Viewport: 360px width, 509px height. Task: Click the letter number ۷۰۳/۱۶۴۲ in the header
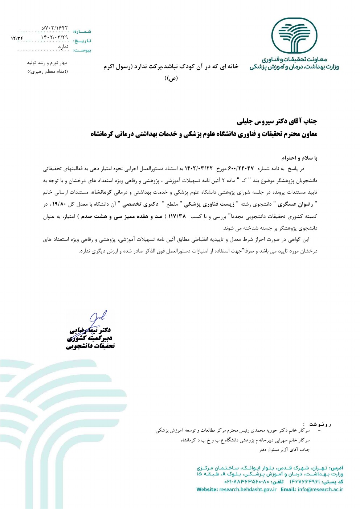point(55,28)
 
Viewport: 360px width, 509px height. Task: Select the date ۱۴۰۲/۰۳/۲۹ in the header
point(54,37)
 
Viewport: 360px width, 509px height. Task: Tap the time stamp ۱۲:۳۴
point(17,38)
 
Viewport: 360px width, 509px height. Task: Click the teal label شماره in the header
point(82,32)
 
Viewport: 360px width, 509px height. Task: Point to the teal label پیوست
point(82,50)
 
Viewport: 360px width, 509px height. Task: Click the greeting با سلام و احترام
point(299,158)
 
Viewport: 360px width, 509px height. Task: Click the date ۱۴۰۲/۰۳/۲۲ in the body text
point(199,168)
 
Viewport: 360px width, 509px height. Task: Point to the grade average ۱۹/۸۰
point(60,204)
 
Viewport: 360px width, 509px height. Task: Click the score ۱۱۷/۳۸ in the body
point(177,216)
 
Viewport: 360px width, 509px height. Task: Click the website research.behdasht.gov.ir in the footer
point(248,489)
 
